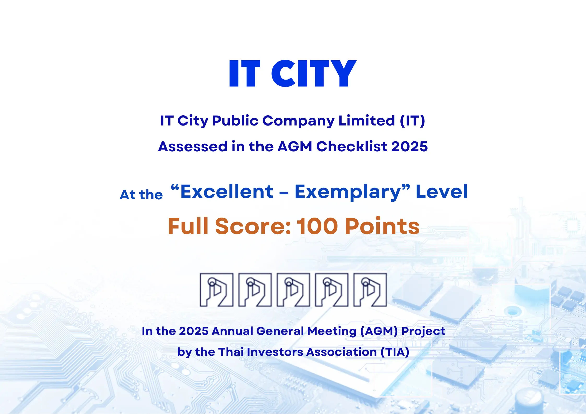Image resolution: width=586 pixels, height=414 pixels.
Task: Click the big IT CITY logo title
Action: pyautogui.click(x=293, y=73)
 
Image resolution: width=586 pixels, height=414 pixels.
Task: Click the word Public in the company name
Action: pyautogui.click(x=235, y=121)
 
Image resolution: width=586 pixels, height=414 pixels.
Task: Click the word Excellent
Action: pyautogui.click(x=227, y=191)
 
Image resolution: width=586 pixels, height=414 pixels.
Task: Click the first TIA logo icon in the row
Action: pyautogui.click(x=217, y=290)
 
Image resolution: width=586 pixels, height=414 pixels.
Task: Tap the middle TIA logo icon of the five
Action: pyautogui.click(x=293, y=290)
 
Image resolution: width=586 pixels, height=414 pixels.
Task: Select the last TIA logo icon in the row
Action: pyautogui.click(x=370, y=290)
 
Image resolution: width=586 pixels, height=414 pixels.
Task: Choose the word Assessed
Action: pyautogui.click(x=193, y=146)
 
